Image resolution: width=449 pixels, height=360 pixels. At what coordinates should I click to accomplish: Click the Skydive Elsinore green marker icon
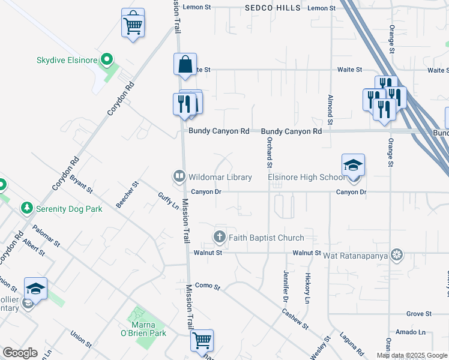click(x=107, y=59)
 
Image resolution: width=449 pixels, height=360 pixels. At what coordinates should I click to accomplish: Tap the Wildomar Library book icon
click(x=179, y=177)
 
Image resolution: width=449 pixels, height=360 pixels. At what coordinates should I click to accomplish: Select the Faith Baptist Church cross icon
click(x=220, y=237)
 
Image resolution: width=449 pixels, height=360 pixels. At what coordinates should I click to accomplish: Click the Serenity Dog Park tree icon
click(x=26, y=208)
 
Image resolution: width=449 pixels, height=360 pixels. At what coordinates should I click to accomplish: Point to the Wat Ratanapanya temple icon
click(x=396, y=255)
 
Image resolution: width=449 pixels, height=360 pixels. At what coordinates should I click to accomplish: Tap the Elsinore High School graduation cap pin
click(x=354, y=166)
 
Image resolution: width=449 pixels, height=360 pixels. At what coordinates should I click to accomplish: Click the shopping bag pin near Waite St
click(x=185, y=64)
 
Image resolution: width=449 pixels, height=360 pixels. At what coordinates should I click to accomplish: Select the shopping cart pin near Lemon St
click(x=133, y=23)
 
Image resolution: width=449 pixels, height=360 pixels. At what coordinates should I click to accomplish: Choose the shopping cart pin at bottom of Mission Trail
click(x=202, y=340)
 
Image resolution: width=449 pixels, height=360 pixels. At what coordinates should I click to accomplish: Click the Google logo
click(x=20, y=353)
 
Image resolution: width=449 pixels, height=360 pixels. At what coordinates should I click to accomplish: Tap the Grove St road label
click(x=419, y=314)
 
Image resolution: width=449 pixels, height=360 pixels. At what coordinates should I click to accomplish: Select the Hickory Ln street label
click(x=307, y=287)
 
